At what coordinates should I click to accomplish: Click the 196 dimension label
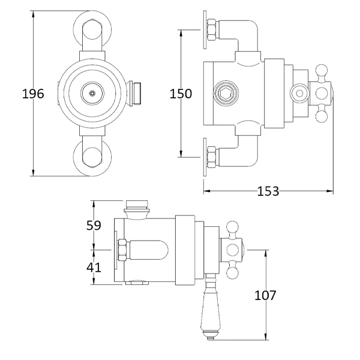(x=34, y=94)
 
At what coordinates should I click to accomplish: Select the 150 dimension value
(x=180, y=94)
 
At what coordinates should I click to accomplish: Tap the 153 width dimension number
(x=268, y=191)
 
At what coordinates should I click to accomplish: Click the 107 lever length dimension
(x=265, y=295)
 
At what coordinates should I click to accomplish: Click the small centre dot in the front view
(x=91, y=93)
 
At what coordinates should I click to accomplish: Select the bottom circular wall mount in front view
(x=91, y=157)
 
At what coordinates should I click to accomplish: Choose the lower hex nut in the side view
(x=211, y=157)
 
